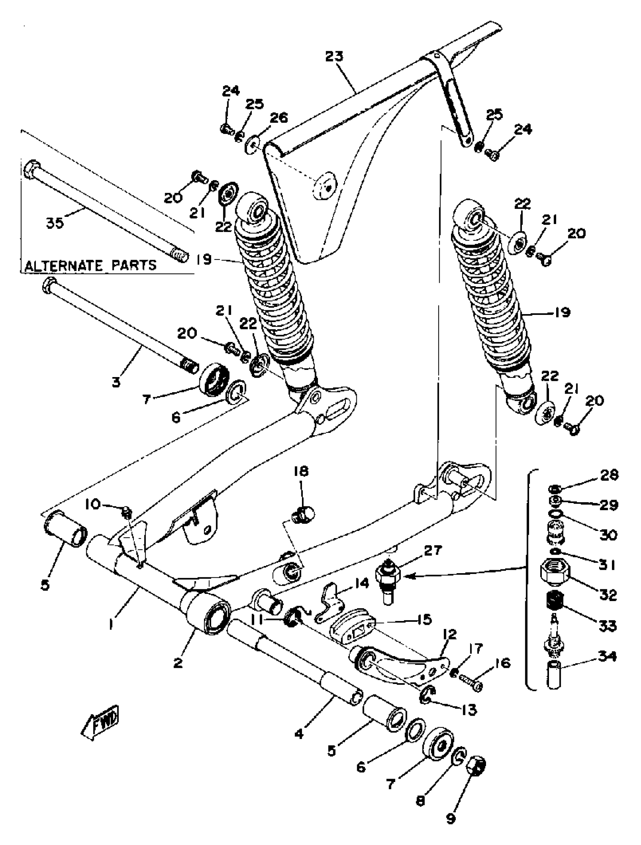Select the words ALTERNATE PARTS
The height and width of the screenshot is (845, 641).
[90, 265]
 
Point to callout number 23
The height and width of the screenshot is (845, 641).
[334, 56]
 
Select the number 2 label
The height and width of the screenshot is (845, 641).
[178, 663]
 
